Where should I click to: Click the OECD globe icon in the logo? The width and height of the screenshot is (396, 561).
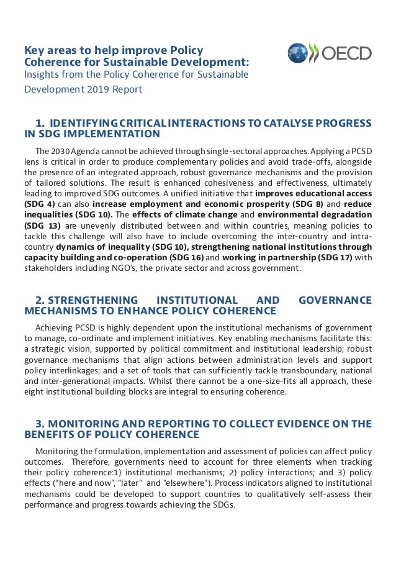[298, 53]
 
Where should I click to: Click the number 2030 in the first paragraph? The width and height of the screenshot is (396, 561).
[60, 152]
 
